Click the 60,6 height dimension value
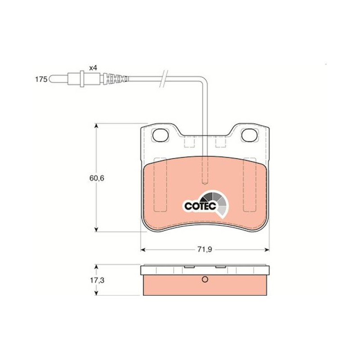click(97, 178)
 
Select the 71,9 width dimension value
click(205, 250)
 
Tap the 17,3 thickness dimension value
click(97, 280)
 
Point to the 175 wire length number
click(41, 80)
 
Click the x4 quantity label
click(93, 68)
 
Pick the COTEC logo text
click(200, 206)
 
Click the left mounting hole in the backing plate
click(160, 135)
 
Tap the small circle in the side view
click(205, 279)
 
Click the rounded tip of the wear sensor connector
click(51, 79)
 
